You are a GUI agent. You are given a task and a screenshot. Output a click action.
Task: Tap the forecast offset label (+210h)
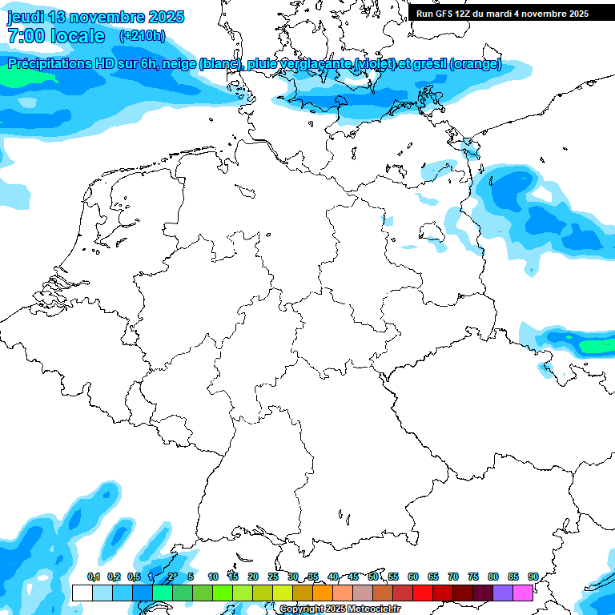[x=142, y=36]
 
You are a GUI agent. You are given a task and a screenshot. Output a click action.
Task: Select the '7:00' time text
[x=24, y=36]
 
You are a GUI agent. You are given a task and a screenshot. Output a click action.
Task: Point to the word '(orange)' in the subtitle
[x=476, y=64]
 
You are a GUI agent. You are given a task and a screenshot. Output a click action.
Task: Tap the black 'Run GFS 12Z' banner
[x=502, y=13]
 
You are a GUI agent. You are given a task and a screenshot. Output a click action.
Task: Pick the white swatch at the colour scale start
[x=82, y=593]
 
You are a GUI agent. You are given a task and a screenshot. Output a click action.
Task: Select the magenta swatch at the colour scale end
[x=523, y=593]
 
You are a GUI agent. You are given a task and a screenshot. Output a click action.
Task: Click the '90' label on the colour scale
[x=533, y=577]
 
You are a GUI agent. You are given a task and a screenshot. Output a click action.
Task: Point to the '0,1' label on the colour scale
[x=94, y=577]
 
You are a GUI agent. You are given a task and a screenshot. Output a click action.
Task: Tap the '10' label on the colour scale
[x=213, y=577]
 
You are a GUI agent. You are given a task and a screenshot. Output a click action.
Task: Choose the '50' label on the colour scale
[x=373, y=577]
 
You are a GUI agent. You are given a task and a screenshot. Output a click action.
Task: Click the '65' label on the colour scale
[x=433, y=577]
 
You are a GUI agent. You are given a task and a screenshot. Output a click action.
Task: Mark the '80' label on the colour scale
[x=493, y=577]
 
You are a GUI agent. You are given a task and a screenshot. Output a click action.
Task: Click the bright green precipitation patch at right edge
[x=597, y=346]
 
